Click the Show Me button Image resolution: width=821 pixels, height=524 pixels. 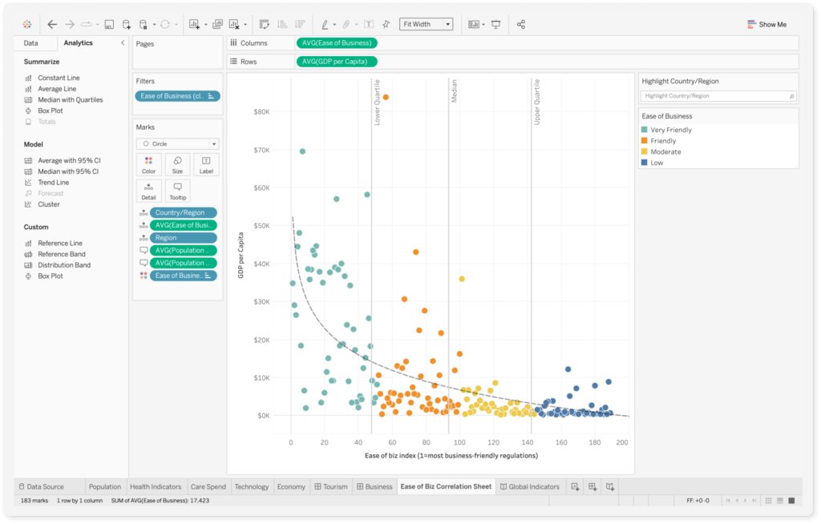tap(766, 24)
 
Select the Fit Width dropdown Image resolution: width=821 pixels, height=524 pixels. tap(426, 24)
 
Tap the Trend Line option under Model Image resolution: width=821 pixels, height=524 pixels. tap(53, 183)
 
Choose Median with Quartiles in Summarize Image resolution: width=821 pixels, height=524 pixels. tap(70, 100)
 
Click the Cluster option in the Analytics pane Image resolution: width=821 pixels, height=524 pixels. tap(48, 204)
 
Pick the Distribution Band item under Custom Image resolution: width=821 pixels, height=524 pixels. tap(64, 265)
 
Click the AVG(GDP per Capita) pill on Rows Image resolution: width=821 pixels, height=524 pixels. tap(337, 62)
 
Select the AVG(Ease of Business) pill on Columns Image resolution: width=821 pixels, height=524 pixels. tap(337, 43)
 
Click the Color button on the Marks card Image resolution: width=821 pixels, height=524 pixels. tap(149, 165)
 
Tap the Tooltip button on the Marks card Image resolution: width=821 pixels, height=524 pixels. tap(177, 191)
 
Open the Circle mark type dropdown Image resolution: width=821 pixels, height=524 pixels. tap(177, 144)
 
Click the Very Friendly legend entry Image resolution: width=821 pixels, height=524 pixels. tap(671, 130)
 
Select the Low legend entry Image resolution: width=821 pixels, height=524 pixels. tap(657, 163)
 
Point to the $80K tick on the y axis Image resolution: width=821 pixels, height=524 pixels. tap(262, 112)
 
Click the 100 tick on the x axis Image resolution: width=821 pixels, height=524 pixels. tap(459, 442)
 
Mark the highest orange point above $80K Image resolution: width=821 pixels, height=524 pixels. tap(386, 97)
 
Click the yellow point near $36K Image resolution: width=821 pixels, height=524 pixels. tap(462, 279)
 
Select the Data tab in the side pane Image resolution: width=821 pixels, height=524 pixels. tap(30, 43)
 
